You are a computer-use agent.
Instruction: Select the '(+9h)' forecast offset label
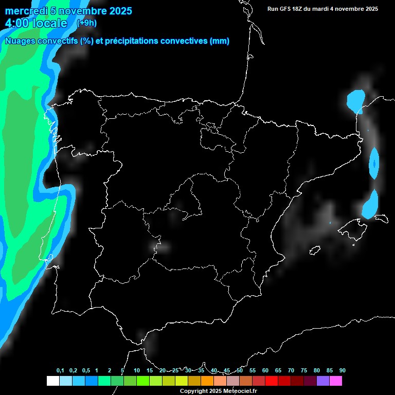(86, 23)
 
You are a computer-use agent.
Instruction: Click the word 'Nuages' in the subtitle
(20, 41)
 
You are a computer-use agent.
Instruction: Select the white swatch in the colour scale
(52, 381)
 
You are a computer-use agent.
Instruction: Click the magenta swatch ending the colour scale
(336, 381)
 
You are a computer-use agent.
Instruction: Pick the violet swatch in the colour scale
(323, 381)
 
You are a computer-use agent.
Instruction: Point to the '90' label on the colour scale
(342, 371)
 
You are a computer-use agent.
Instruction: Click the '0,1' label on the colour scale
(60, 371)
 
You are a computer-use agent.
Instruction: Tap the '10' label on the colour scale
(136, 371)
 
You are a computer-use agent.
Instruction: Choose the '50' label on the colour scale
(240, 371)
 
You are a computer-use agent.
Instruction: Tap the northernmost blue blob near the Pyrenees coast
(355, 100)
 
